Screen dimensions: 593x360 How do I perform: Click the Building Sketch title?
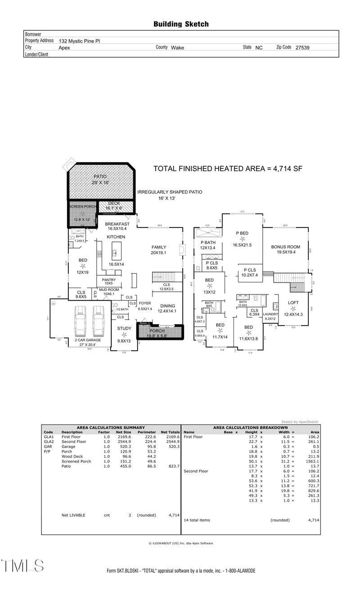click(181, 24)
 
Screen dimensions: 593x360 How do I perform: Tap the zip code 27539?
click(302, 47)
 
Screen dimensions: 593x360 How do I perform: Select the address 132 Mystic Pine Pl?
click(79, 41)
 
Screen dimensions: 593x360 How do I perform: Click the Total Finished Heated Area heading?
click(228, 169)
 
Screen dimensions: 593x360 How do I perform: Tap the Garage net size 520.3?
click(123, 447)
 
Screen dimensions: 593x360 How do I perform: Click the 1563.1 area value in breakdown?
click(311, 461)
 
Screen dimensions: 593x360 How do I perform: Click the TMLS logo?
click(22, 566)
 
